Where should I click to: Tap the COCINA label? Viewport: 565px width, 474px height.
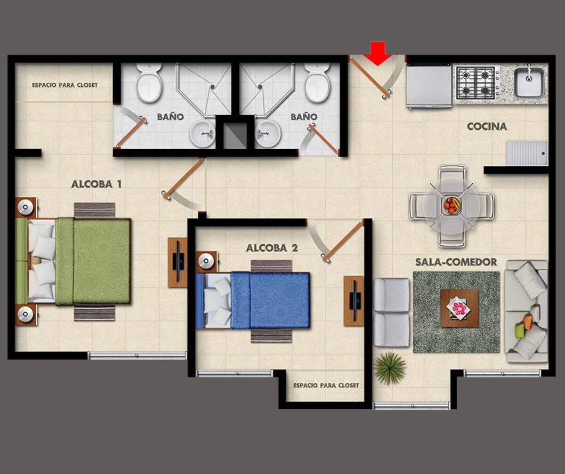tap(487, 127)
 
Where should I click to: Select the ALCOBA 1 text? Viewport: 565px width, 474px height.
tap(96, 185)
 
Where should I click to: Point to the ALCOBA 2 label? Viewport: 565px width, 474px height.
tap(272, 248)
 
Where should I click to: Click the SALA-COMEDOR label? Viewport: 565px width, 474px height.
tap(456, 262)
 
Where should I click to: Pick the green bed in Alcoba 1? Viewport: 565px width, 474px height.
tap(73, 262)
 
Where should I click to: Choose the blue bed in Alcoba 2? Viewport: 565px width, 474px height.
tap(253, 301)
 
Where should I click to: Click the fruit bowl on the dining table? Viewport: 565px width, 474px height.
tap(452, 206)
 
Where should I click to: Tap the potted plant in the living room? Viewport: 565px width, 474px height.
tap(390, 368)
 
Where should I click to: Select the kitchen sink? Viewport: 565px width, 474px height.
tap(529, 82)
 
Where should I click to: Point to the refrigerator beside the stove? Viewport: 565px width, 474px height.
tap(429, 87)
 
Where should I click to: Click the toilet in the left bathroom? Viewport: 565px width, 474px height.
tap(149, 83)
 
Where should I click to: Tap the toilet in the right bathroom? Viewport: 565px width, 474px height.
tap(317, 83)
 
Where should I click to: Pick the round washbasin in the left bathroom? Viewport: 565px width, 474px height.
tap(202, 134)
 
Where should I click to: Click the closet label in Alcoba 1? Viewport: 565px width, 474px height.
tap(65, 85)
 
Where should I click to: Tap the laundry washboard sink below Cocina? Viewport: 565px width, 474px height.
tap(527, 153)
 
